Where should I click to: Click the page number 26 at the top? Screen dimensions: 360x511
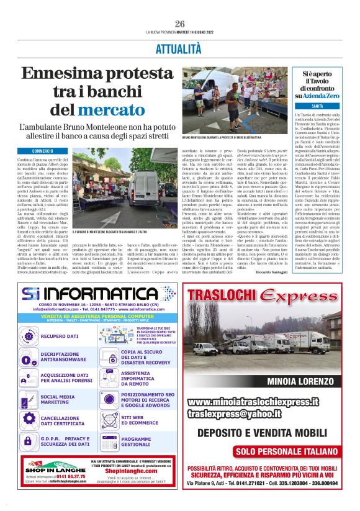180,24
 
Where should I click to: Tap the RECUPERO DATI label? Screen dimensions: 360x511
60,336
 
